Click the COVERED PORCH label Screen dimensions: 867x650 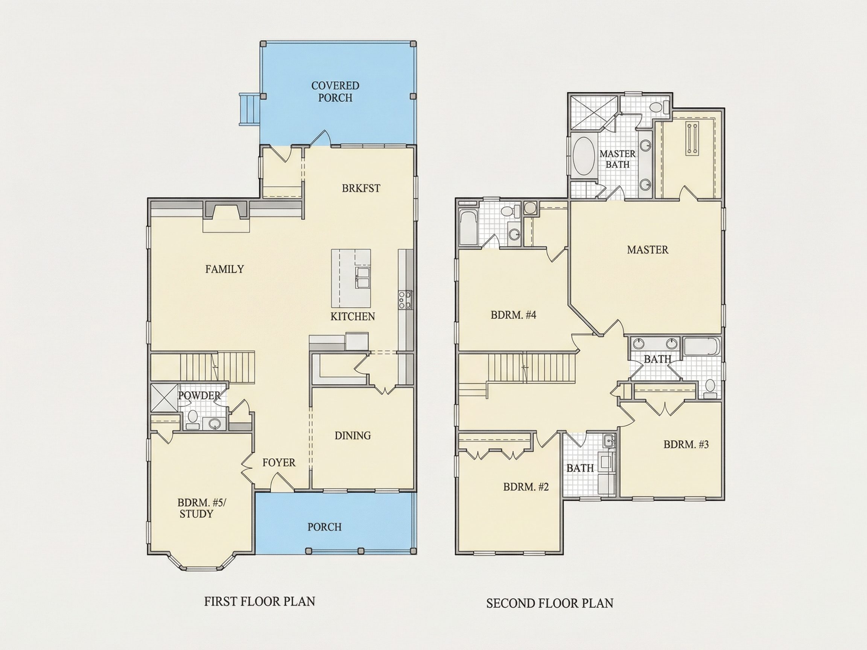coord(335,91)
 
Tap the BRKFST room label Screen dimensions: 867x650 coord(361,188)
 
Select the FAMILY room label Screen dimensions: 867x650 coord(225,269)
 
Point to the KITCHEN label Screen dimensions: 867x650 coord(353,317)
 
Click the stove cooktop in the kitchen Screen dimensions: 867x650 coord(405,300)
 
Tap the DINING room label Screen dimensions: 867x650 coord(353,435)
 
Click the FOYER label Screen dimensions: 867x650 coord(279,463)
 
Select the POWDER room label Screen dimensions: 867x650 coord(199,396)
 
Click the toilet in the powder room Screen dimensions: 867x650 coord(192,418)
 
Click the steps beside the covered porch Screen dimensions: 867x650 coord(249,109)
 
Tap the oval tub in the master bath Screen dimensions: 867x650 coord(584,156)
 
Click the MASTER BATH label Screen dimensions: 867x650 coord(618,159)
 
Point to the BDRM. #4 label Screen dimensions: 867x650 coord(513,315)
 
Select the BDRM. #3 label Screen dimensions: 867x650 coord(686,444)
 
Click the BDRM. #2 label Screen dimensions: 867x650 coord(526,487)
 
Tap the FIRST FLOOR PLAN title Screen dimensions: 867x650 coord(260,601)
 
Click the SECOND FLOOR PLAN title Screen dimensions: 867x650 coord(550,603)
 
